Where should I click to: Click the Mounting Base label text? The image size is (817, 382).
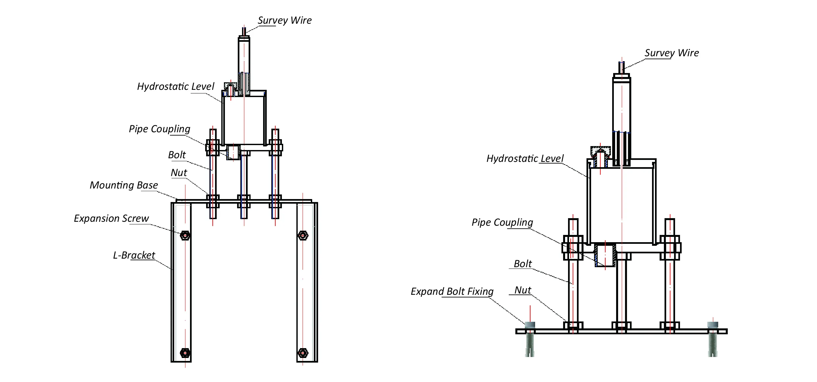(x=124, y=185)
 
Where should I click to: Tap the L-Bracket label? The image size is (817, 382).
(x=134, y=255)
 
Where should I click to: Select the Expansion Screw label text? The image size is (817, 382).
(x=111, y=218)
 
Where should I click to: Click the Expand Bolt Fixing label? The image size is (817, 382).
(x=452, y=292)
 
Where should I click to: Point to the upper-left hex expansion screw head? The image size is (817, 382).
(x=185, y=236)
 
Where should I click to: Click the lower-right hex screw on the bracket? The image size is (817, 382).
(x=303, y=353)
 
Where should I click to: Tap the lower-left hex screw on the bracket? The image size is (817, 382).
(x=185, y=353)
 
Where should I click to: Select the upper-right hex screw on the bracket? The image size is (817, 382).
(x=303, y=236)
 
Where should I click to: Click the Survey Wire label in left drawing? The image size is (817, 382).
(x=285, y=20)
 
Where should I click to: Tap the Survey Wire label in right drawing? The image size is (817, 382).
(x=671, y=53)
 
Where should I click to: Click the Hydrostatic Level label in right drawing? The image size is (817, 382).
(x=525, y=159)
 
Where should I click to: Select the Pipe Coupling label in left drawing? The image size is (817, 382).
(x=159, y=129)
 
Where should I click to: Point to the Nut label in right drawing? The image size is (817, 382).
(x=523, y=290)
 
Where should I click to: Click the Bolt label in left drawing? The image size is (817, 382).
(x=177, y=155)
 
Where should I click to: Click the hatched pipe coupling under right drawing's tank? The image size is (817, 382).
(x=605, y=255)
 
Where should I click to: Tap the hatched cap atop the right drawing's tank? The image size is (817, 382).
(x=600, y=152)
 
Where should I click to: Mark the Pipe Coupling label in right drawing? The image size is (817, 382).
(x=502, y=222)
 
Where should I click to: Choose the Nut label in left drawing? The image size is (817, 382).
(x=179, y=173)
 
